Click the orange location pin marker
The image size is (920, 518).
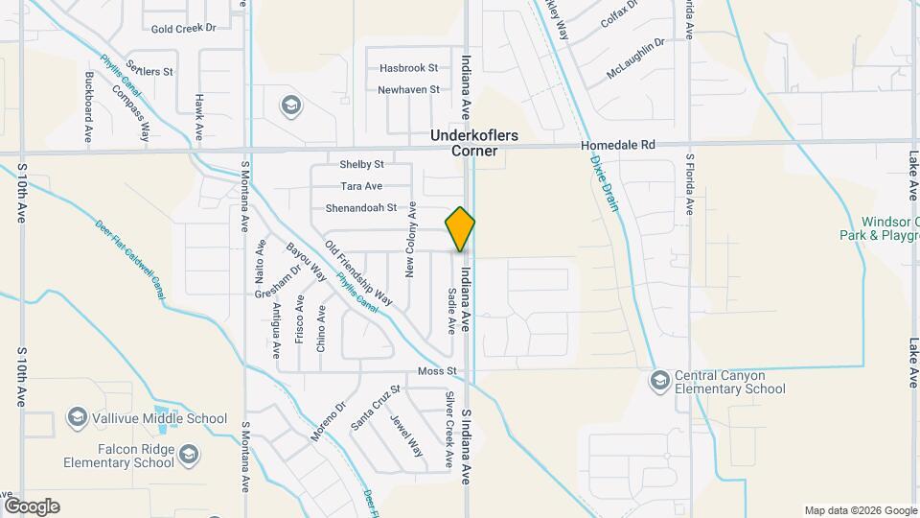click(460, 229)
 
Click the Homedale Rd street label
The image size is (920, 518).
click(618, 145)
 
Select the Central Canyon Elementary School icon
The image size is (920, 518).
click(659, 381)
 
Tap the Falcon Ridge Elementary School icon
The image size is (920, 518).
click(190, 454)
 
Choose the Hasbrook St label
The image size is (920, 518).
click(408, 68)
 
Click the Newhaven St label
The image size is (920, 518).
click(408, 89)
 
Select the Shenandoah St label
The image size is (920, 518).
click(361, 207)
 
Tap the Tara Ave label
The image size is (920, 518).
click(361, 186)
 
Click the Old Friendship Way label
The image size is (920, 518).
click(358, 272)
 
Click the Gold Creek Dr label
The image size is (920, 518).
click(183, 29)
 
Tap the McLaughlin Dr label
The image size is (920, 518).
click(634, 59)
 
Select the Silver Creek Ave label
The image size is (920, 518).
click(448, 429)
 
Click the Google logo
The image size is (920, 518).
click(32, 506)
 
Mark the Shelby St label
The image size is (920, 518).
click(361, 164)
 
